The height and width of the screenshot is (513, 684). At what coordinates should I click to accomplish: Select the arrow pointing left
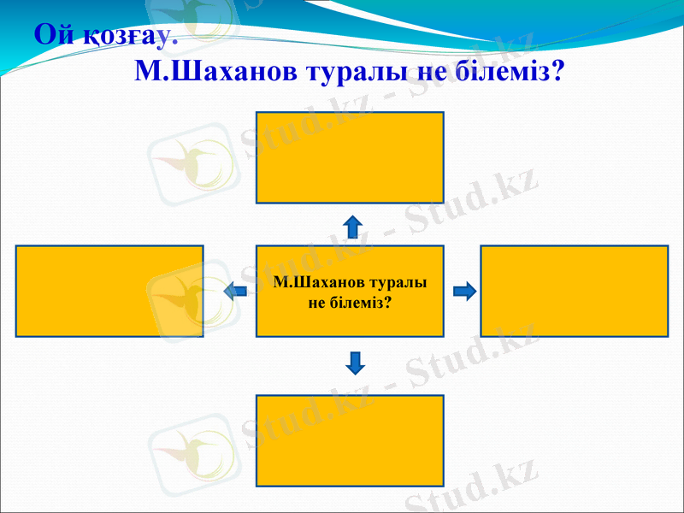235,292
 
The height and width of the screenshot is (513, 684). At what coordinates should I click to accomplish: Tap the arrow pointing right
464,292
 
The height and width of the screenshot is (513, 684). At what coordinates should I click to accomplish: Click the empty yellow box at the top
350,157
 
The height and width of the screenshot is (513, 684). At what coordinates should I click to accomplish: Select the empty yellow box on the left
109,292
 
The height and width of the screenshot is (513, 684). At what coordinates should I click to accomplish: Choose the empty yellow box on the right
575,292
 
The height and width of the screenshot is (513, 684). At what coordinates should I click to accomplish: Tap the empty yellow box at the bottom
350,440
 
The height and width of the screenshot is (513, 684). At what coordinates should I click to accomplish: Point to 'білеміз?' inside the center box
359,302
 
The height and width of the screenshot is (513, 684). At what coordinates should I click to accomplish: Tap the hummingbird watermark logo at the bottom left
192,445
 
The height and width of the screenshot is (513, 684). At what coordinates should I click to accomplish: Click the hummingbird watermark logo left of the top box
192,158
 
